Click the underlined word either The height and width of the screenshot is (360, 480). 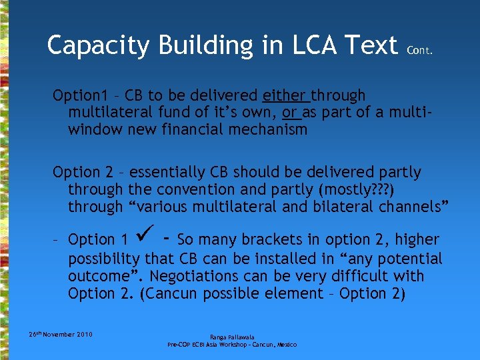click(x=286, y=96)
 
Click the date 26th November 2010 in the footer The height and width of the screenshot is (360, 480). click(x=61, y=334)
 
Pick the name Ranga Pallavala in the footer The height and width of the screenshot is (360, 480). click(x=231, y=337)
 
